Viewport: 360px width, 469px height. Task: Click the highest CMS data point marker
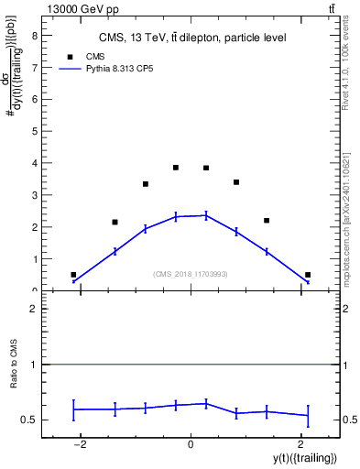click(x=176, y=168)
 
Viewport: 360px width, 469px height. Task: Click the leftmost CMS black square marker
click(x=73, y=275)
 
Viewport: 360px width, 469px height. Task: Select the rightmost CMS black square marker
click(x=308, y=275)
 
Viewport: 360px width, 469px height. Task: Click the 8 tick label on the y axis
click(x=34, y=35)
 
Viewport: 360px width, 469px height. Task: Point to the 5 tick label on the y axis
click(x=34, y=131)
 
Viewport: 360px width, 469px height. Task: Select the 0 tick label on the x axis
click(x=191, y=445)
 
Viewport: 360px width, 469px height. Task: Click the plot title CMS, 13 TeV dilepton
click(x=192, y=38)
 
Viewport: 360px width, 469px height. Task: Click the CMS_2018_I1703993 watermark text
click(x=191, y=273)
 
